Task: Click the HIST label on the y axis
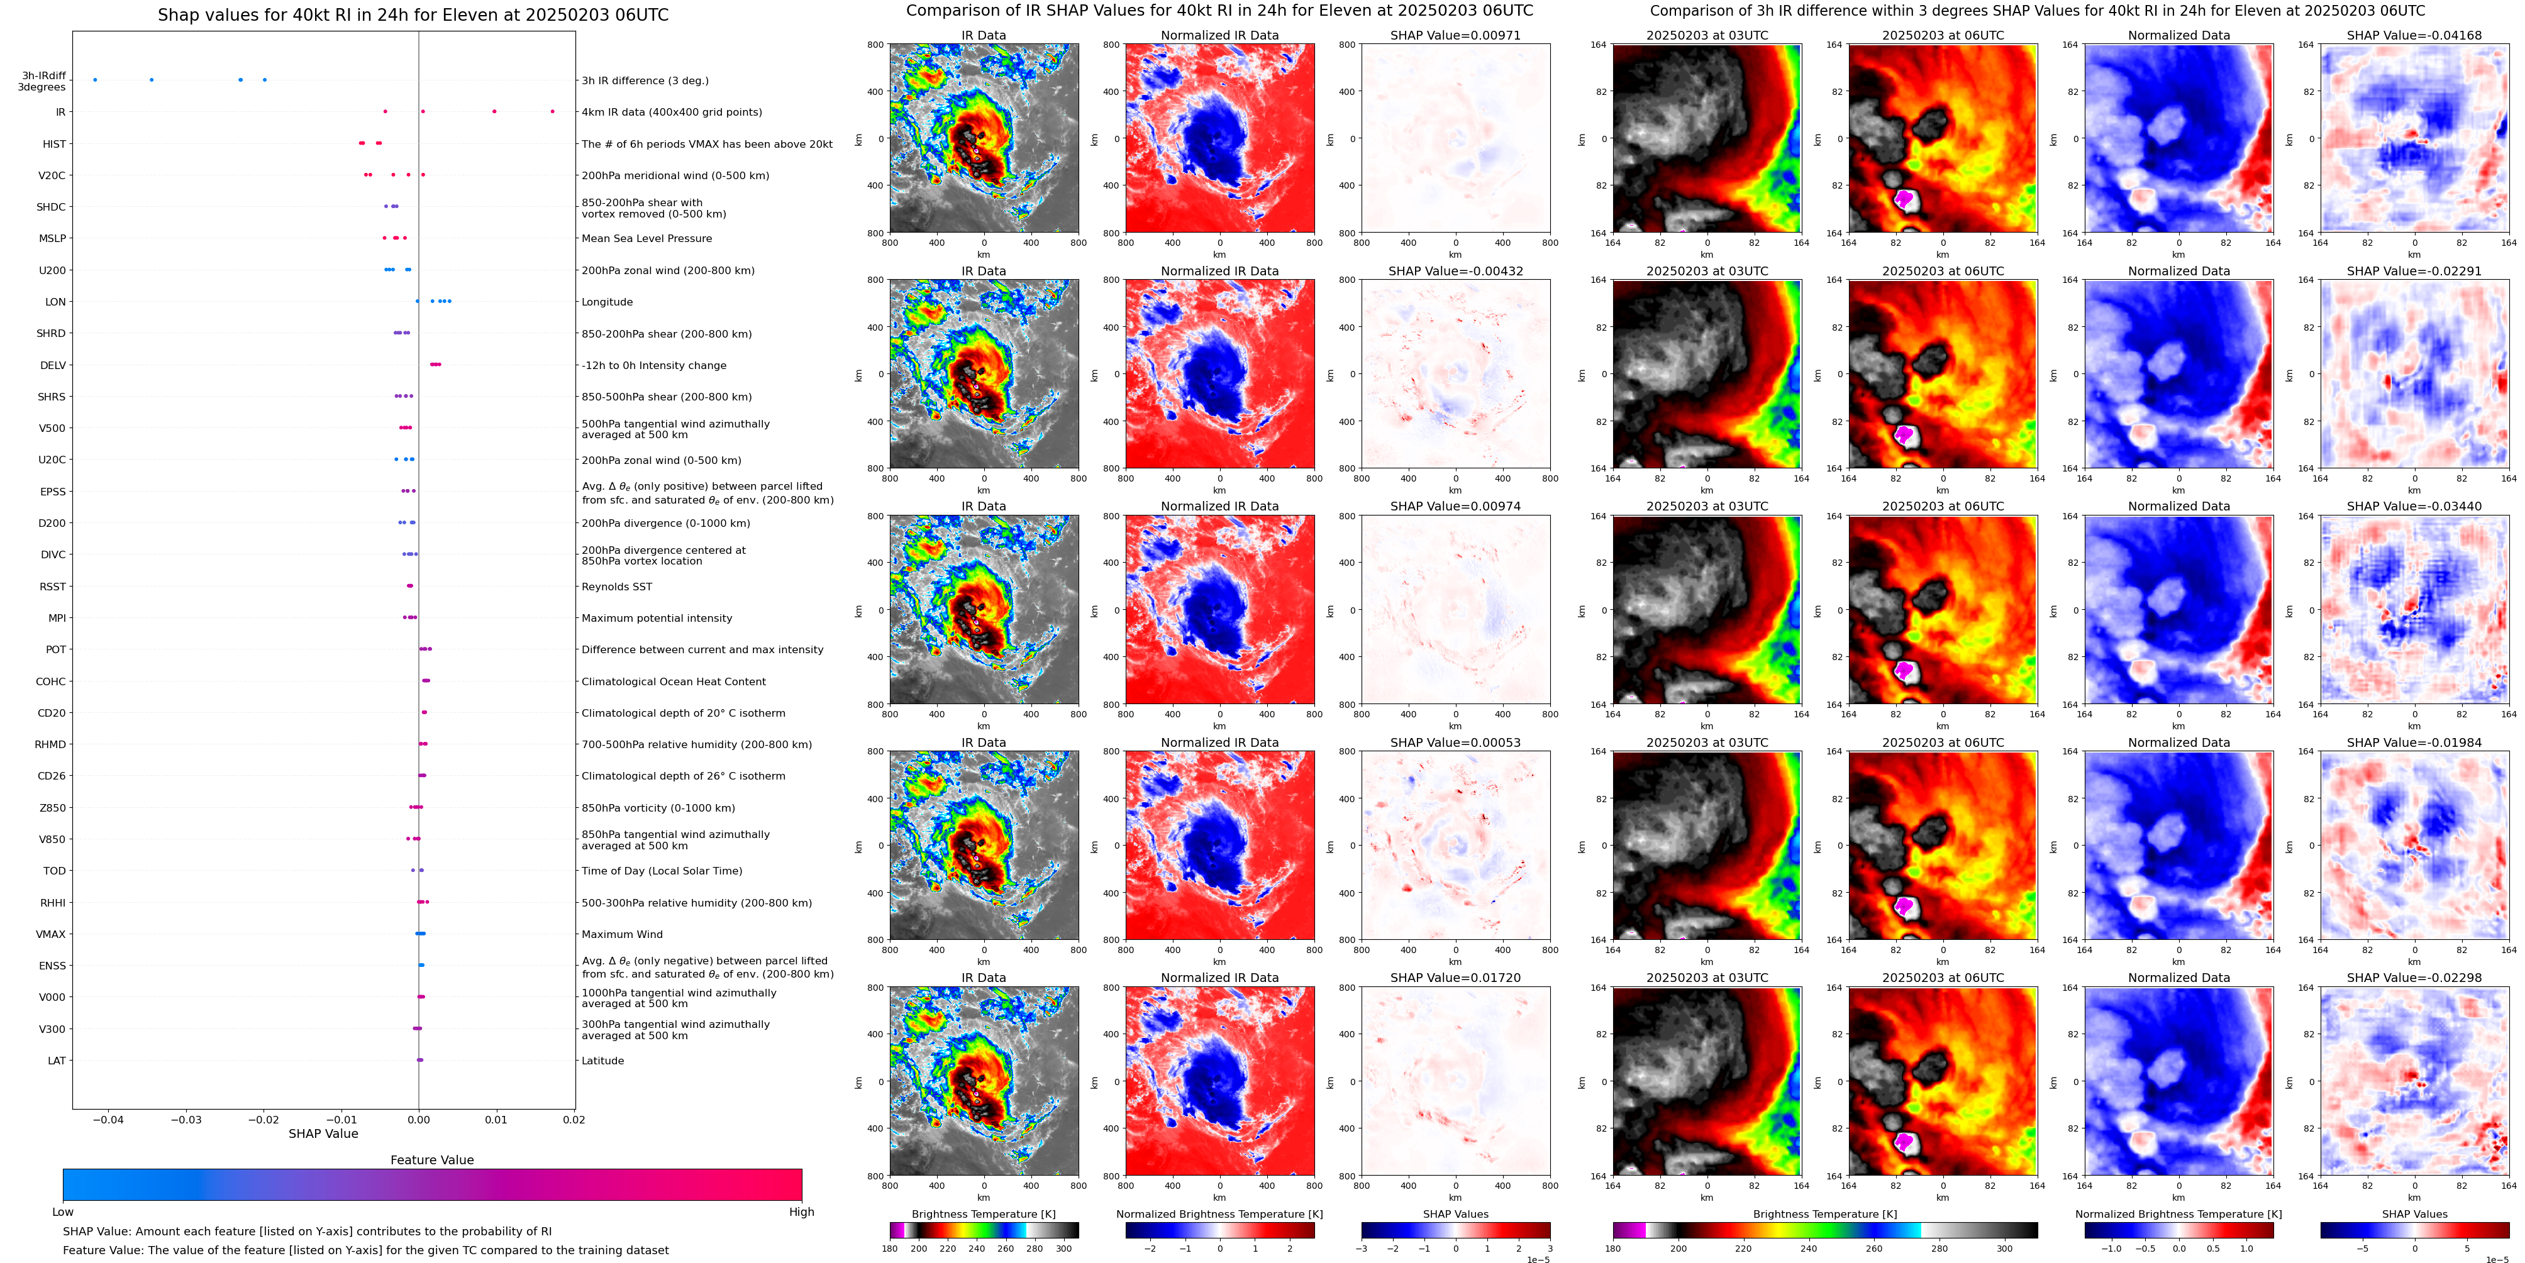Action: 54,144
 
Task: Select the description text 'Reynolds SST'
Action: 616,587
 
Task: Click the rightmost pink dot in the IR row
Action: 553,112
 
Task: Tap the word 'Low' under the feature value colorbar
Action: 63,1212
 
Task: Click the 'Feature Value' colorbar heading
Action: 431,1160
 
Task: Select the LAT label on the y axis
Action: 57,1060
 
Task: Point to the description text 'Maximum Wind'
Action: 621,935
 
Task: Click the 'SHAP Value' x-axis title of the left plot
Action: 323,1133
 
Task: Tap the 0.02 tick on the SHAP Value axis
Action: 574,1120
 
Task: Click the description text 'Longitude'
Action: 607,302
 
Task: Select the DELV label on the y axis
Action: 53,365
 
